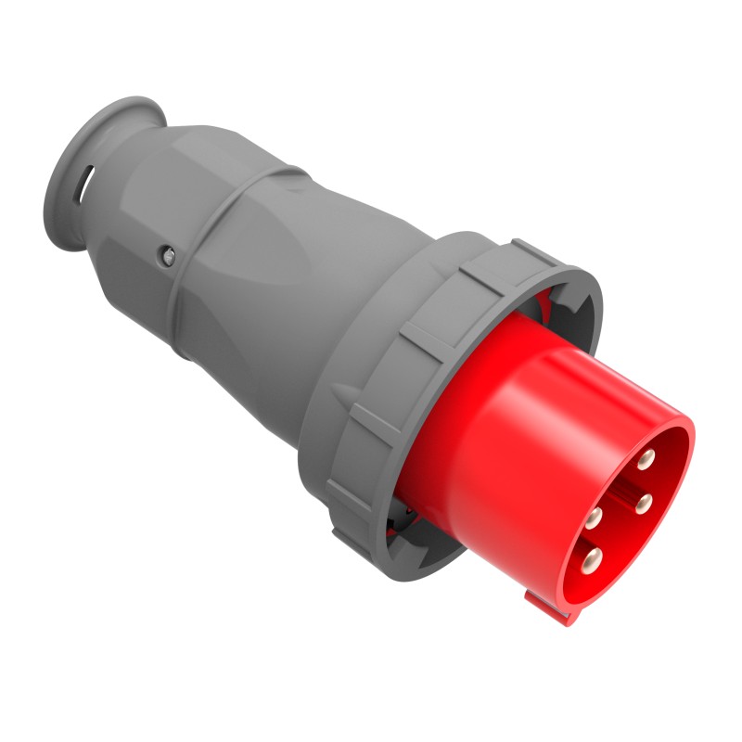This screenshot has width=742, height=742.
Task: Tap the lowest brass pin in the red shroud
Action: [592, 558]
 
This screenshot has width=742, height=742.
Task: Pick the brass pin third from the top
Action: [593, 517]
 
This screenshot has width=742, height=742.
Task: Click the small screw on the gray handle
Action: [167, 253]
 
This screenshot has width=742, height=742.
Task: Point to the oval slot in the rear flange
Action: [87, 182]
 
